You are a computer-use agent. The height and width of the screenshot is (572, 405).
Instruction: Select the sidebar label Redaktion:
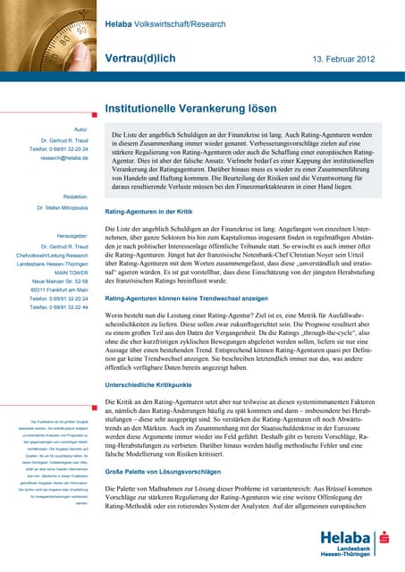coord(76,196)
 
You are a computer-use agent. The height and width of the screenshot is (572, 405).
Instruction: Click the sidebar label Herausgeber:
coord(72,237)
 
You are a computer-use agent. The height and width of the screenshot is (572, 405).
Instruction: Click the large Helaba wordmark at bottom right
coord(346,538)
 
